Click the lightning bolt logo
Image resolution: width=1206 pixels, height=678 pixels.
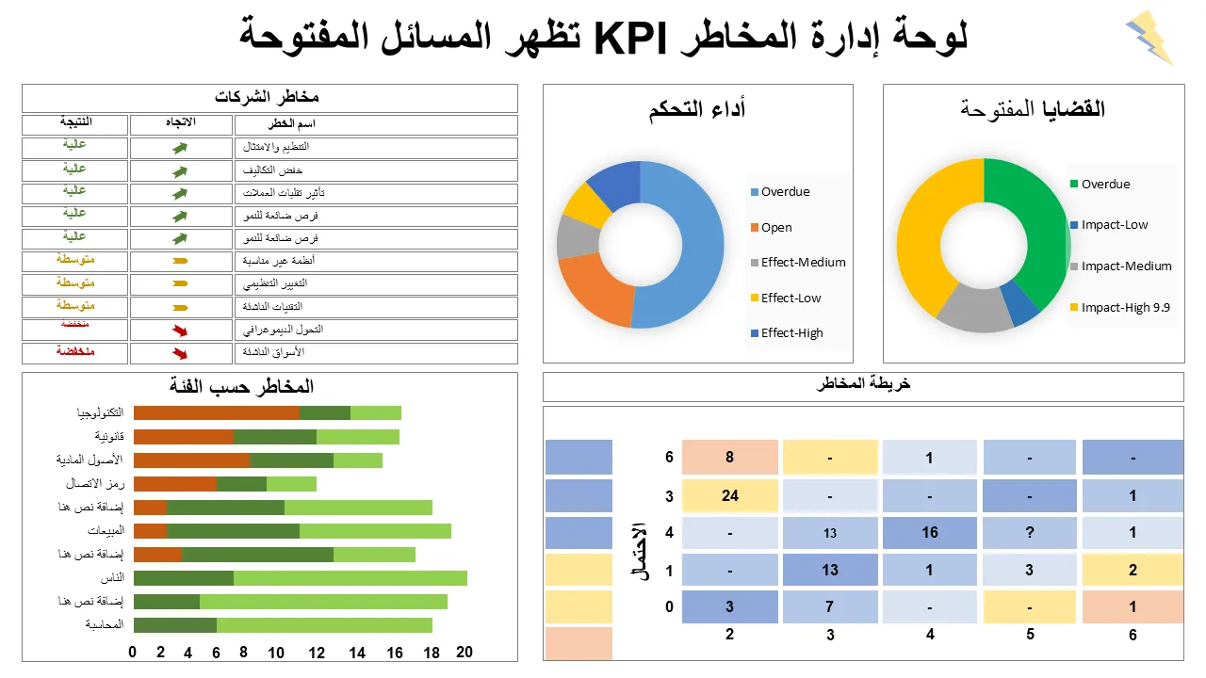pyautogui.click(x=1149, y=38)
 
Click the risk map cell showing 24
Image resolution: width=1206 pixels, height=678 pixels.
pyautogui.click(x=730, y=495)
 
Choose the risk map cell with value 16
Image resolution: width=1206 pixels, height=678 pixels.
pyautogui.click(x=930, y=532)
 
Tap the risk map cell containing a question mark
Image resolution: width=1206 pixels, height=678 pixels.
pyautogui.click(x=1030, y=532)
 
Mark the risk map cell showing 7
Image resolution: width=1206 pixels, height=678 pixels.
pyautogui.click(x=830, y=606)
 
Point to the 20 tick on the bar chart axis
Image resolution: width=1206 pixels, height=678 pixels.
pyautogui.click(x=464, y=652)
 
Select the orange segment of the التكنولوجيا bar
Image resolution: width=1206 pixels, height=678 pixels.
pyautogui.click(x=216, y=412)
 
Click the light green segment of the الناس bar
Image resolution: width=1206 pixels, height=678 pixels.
pyautogui.click(x=350, y=577)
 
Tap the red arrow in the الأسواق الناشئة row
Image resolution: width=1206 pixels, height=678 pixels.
pyautogui.click(x=180, y=353)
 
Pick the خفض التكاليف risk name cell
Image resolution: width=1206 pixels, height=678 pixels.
pyautogui.click(x=376, y=170)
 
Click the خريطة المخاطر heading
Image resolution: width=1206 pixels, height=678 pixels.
pyautogui.click(x=863, y=384)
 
